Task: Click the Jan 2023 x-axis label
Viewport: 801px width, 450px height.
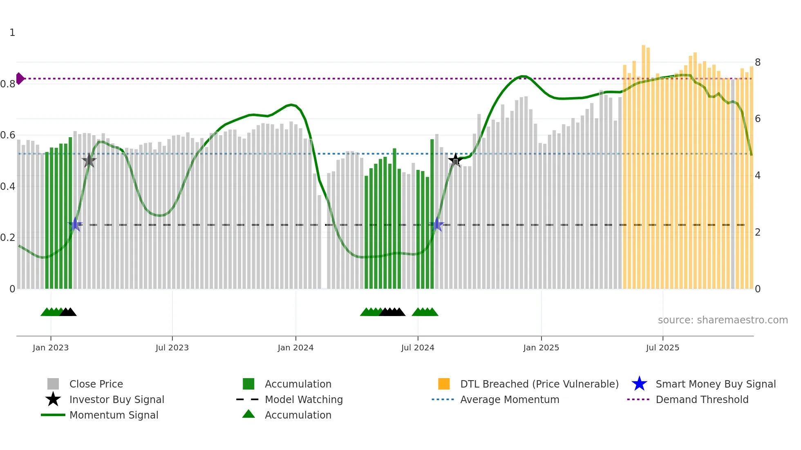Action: click(x=51, y=348)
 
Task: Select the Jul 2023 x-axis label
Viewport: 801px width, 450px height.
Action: click(x=172, y=348)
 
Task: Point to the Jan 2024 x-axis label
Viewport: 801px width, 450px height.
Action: click(x=295, y=348)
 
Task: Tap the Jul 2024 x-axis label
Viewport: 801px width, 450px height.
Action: click(x=418, y=348)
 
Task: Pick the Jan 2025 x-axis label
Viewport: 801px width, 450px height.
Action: click(x=541, y=348)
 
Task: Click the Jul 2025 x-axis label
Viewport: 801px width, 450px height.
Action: click(x=662, y=348)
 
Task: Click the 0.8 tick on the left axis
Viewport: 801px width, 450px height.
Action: click(x=8, y=84)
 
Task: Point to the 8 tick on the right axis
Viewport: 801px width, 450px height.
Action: click(x=758, y=62)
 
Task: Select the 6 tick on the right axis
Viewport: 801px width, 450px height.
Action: click(x=758, y=119)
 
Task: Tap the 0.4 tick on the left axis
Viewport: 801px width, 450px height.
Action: click(x=8, y=187)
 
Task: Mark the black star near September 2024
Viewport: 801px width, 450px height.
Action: click(x=455, y=160)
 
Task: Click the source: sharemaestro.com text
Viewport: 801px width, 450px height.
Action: click(x=723, y=320)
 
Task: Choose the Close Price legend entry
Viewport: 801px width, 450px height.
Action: click(x=96, y=384)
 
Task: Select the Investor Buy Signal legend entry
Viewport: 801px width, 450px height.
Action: click(x=116, y=399)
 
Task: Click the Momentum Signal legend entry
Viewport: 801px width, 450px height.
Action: click(x=114, y=415)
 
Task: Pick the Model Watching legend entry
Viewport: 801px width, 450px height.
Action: click(x=304, y=399)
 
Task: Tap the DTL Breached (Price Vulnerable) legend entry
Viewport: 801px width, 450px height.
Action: click(x=539, y=384)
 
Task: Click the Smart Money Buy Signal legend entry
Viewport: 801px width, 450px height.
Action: click(x=716, y=384)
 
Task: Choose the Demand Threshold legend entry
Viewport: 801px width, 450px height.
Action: click(x=702, y=399)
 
